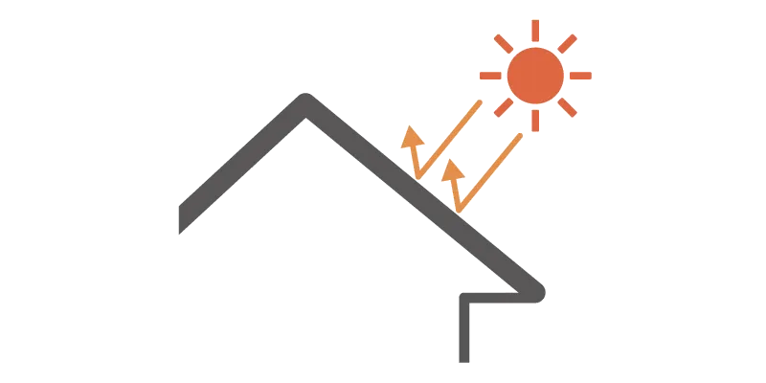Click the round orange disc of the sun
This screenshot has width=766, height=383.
(x=535, y=75)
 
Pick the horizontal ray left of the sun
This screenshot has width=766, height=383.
(x=490, y=75)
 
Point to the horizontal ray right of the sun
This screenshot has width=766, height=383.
(x=581, y=75)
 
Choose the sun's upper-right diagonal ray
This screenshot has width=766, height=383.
(x=567, y=43)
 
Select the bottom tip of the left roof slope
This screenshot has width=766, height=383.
(x=181, y=227)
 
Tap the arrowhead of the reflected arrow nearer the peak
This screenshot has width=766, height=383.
(x=411, y=137)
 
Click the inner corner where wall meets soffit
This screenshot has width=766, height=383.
(x=467, y=299)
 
